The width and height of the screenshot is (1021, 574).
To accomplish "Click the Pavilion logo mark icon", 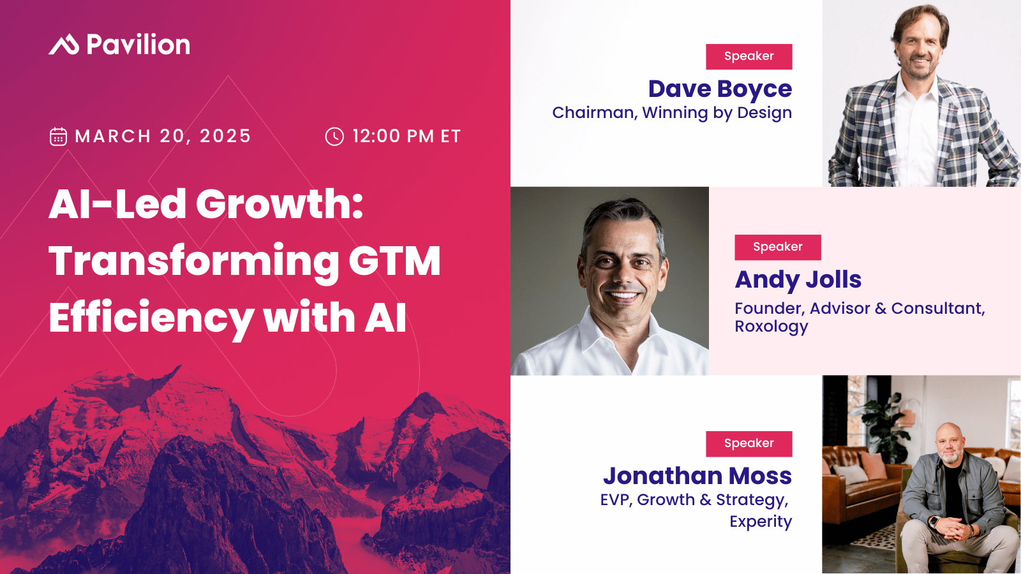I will [x=64, y=45].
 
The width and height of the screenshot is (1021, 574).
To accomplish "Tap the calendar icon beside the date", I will [x=58, y=136].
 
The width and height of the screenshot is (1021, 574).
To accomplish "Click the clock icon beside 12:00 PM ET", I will [x=334, y=136].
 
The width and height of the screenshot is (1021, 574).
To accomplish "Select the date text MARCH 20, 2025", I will [x=163, y=136].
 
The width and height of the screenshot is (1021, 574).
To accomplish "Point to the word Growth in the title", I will [x=279, y=204].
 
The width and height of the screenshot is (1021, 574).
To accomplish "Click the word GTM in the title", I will [x=394, y=261].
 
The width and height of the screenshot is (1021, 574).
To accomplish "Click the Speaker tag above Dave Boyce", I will [x=749, y=56].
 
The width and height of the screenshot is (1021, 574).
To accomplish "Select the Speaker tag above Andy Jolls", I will [x=777, y=247].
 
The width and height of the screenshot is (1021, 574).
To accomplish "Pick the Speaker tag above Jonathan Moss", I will [x=749, y=443].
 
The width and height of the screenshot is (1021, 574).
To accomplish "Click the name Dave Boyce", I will [x=720, y=89].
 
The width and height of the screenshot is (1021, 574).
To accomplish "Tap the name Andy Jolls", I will [x=798, y=280].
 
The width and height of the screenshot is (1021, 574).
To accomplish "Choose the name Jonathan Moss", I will [x=697, y=476].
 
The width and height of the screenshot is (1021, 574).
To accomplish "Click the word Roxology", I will [x=771, y=327].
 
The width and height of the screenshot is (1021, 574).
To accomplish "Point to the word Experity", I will [x=761, y=522].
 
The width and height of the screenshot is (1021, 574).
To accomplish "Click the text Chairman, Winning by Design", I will [x=672, y=113].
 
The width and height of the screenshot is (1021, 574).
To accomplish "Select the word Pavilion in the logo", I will [x=138, y=45].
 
